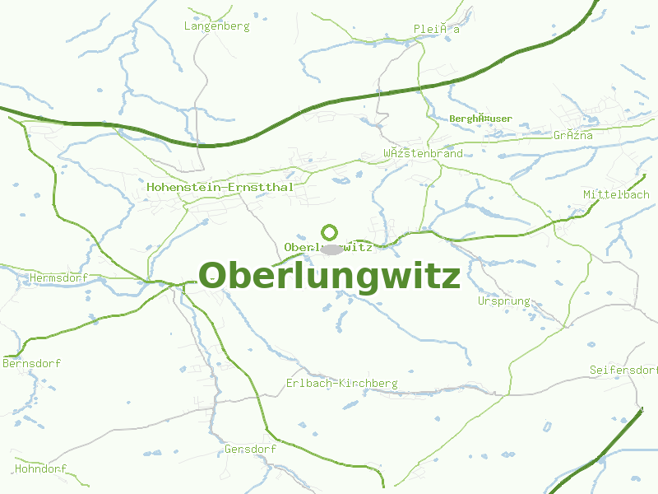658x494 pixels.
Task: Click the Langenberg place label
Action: (x=216, y=26)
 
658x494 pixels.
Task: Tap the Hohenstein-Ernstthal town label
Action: (x=220, y=187)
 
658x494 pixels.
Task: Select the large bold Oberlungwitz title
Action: (x=329, y=276)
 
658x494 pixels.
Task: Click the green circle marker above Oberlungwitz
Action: (x=330, y=232)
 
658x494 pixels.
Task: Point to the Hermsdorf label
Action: (x=58, y=277)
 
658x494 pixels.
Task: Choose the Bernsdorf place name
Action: (x=32, y=363)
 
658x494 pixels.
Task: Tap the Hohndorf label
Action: (x=40, y=469)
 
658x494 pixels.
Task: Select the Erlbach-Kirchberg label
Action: (x=341, y=384)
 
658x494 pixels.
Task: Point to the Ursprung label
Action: (x=503, y=301)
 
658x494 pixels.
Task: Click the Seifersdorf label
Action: (x=623, y=370)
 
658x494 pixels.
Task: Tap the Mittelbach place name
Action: (x=616, y=194)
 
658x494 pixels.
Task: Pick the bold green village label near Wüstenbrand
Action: (x=480, y=119)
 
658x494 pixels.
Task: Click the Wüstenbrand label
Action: (x=423, y=153)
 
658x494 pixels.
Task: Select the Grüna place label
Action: (x=572, y=135)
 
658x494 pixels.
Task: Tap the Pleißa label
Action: (x=436, y=29)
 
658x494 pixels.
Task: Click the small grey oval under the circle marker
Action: (x=331, y=248)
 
